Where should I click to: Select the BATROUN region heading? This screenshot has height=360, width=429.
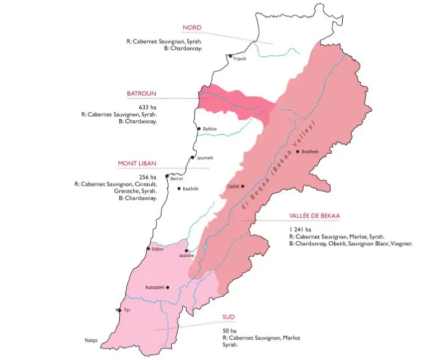tap(141, 94)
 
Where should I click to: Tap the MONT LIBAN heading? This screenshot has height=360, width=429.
tap(137, 163)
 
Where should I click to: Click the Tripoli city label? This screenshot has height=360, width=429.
tap(239, 59)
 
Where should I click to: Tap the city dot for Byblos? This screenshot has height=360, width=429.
tap(199, 129)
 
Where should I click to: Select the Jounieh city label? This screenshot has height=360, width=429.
tap(204, 158)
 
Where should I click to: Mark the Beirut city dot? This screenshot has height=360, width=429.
tap(167, 176)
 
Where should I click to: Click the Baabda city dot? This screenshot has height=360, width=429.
tap(179, 188)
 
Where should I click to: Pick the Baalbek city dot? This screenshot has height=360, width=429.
tap(298, 151)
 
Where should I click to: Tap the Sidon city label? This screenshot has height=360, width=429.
tap(157, 249)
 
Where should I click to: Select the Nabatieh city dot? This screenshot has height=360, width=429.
tap(168, 287)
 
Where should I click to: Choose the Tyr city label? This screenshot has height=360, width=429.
tap(127, 310)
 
